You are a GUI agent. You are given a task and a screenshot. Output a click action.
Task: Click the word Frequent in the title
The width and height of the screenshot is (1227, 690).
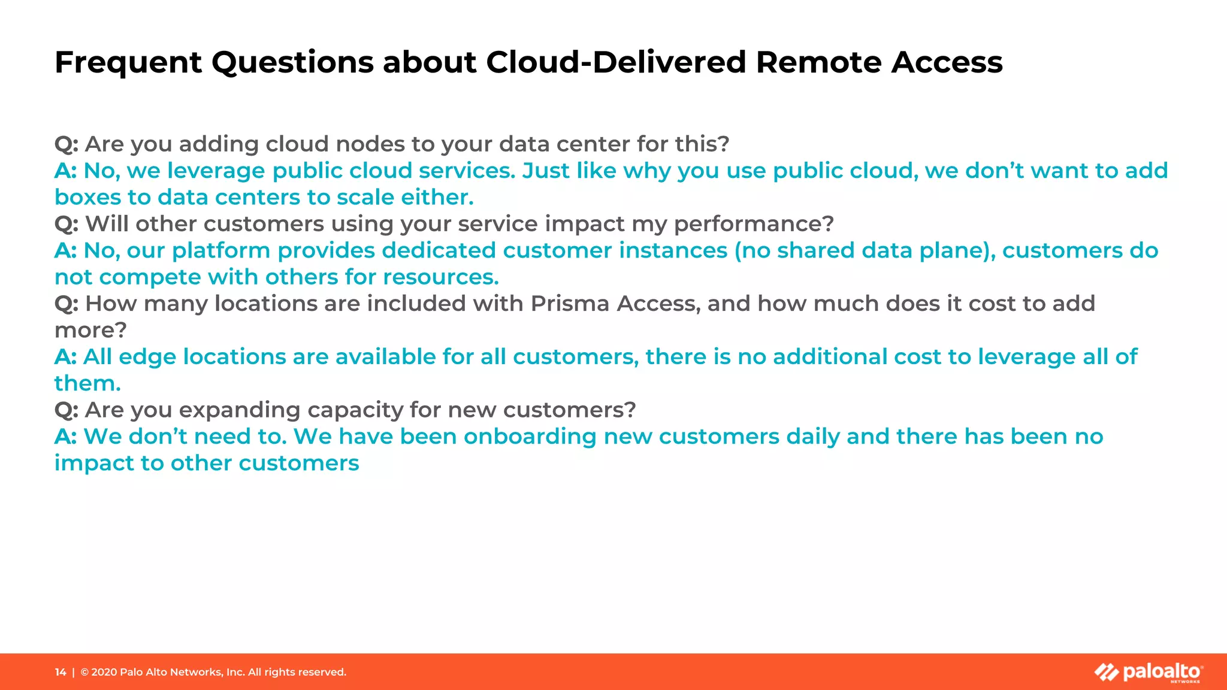point(128,62)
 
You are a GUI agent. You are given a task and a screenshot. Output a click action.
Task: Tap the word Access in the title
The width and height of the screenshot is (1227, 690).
point(947,62)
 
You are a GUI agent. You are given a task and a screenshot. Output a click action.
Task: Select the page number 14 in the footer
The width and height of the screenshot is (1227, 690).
point(61,672)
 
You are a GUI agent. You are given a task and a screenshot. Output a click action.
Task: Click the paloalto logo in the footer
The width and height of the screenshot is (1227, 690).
point(1149,672)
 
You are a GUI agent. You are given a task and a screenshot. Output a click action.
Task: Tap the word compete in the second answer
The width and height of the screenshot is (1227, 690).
point(150,277)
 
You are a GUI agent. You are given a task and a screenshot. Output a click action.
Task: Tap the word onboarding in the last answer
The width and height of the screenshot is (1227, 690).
point(530,437)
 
